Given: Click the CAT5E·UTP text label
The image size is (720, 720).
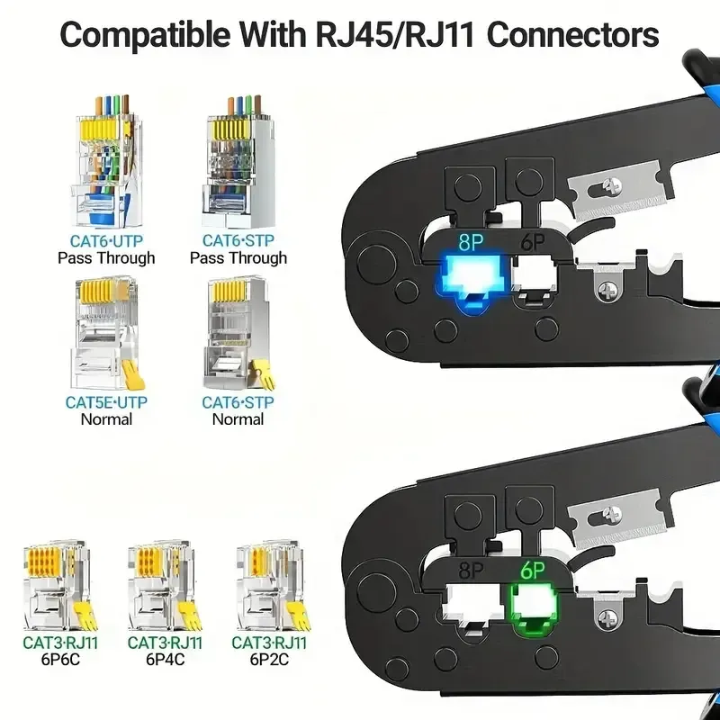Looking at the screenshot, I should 106,402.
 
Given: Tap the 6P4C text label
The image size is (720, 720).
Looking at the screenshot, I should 165,660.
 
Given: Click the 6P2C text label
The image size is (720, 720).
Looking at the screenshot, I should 269,660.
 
